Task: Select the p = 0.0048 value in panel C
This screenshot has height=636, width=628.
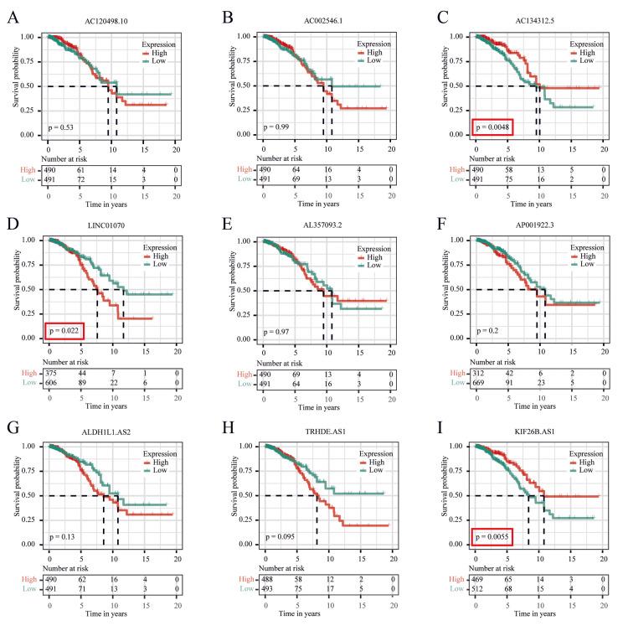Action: pyautogui.click(x=493, y=127)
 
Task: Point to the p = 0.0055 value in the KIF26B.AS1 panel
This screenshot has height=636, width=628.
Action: pyautogui.click(x=493, y=536)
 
